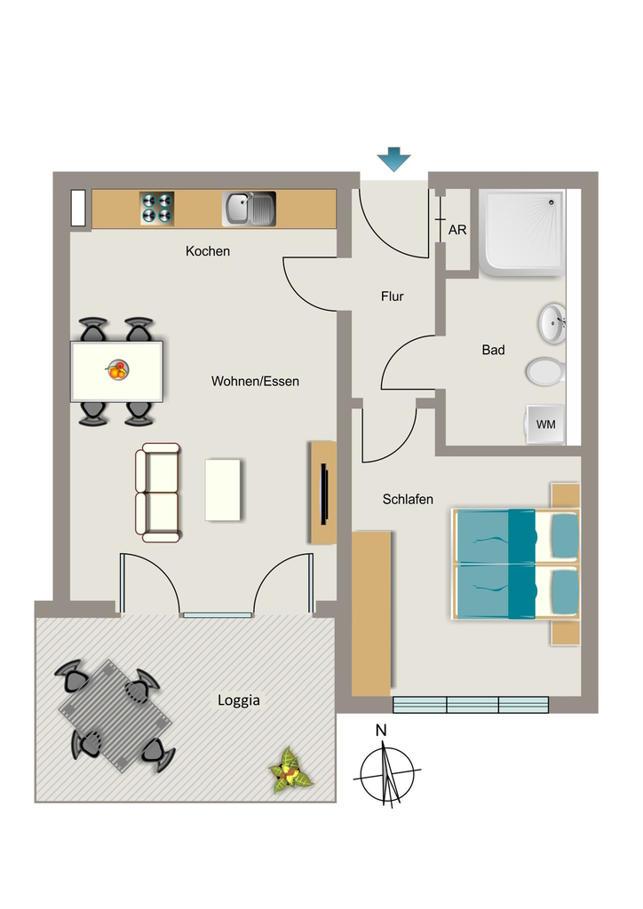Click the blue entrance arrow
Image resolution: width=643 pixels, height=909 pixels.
point(393,160)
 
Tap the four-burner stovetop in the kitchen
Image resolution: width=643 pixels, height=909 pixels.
point(157,208)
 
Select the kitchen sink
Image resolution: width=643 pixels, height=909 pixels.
point(249,209)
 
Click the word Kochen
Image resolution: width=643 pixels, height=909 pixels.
point(208,251)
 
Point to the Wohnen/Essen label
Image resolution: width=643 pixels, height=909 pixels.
point(255,382)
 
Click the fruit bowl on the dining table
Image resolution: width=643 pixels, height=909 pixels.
point(117,370)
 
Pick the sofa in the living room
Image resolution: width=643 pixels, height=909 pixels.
point(158,493)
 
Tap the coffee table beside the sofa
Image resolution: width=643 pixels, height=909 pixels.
point(223,490)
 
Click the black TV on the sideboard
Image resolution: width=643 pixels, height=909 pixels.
point(325,494)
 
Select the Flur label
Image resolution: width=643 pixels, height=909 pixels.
point(392,296)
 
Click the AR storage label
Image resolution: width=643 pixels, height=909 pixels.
point(457,230)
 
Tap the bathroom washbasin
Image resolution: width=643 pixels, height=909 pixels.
point(552,323)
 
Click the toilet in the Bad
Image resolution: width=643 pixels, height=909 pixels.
point(545,371)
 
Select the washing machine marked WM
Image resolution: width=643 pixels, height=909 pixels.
point(545,424)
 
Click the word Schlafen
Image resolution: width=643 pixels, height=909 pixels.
point(408,499)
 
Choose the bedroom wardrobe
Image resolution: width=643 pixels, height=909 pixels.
point(371,613)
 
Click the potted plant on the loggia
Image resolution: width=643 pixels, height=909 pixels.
point(290,771)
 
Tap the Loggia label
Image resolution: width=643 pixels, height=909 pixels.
point(238,700)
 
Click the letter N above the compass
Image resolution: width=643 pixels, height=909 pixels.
point(381,730)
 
